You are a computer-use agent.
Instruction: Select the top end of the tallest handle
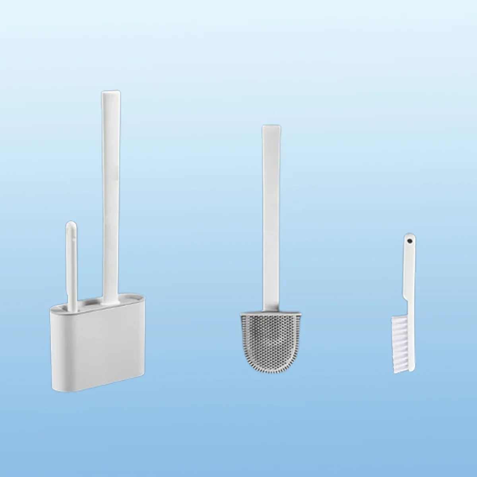click(109, 95)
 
